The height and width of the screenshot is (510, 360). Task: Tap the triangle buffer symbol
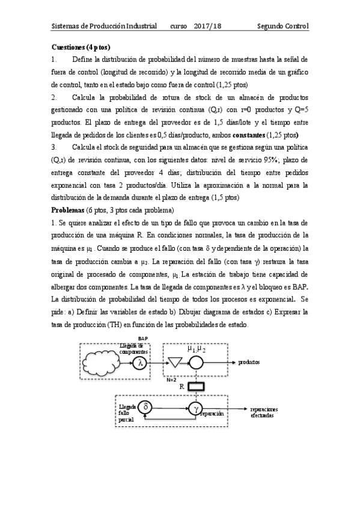pos(175,363)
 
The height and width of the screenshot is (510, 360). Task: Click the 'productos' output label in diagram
pos(249,363)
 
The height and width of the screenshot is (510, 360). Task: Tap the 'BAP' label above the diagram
pos(143,339)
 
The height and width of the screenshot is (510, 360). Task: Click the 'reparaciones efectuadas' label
pos(264,412)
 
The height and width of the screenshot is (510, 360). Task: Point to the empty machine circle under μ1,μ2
pos(196,363)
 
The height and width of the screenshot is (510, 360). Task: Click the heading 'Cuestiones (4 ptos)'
pos(81,47)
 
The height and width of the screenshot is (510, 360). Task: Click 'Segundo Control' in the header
pos(282,26)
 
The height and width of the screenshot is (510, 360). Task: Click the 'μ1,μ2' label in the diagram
pos(196,348)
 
